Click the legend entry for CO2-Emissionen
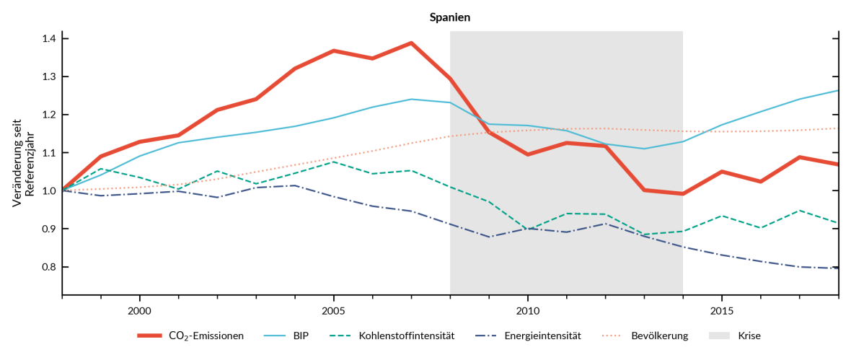click(x=206, y=335)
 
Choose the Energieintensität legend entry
click(x=542, y=335)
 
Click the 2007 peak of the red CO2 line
click(x=411, y=43)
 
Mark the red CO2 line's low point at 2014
click(x=682, y=193)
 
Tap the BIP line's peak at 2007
click(x=411, y=99)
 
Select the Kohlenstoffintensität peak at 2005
click(x=333, y=162)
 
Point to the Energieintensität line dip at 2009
click(x=488, y=237)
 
